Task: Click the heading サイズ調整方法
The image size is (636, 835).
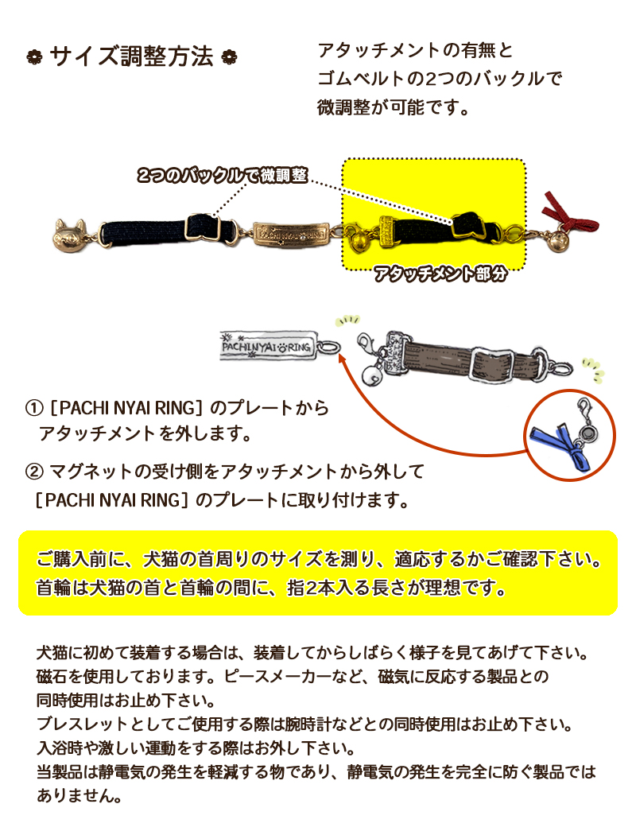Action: [x=131, y=57]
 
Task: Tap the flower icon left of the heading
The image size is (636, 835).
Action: [x=34, y=57]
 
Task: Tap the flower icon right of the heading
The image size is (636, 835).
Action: [x=230, y=57]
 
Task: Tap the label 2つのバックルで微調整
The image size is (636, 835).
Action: [x=223, y=175]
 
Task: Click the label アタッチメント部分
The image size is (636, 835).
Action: [x=440, y=274]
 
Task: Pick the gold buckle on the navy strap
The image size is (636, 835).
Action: [x=203, y=227]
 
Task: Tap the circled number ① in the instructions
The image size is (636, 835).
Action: [x=34, y=409]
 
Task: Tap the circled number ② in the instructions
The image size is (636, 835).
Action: [x=34, y=472]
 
